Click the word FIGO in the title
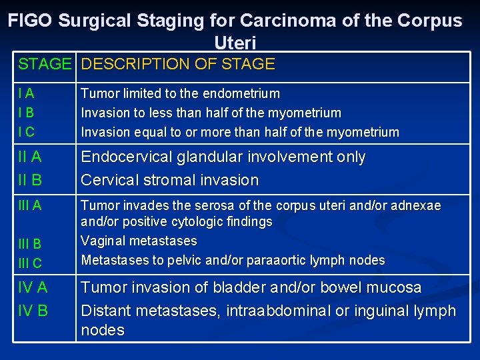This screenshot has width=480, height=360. (x=31, y=21)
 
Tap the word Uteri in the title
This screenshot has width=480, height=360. (x=235, y=43)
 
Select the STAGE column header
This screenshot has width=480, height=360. (x=45, y=65)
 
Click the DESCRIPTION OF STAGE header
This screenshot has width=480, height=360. (x=178, y=65)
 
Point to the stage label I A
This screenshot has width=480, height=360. (x=27, y=94)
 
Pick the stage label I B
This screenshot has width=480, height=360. (x=27, y=113)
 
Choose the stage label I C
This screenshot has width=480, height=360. (x=27, y=132)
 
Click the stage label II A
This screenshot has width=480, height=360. (x=30, y=157)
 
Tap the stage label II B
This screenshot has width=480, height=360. (x=30, y=180)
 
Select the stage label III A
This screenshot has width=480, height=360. (x=30, y=206)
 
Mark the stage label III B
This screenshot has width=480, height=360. (x=30, y=244)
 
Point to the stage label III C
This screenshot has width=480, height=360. (x=30, y=263)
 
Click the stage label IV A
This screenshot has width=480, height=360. (x=33, y=288)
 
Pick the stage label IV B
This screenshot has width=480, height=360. (x=33, y=310)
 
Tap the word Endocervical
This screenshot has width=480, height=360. (x=127, y=157)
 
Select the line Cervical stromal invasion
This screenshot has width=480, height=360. (x=169, y=180)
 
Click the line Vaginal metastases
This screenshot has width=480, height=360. (x=139, y=241)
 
